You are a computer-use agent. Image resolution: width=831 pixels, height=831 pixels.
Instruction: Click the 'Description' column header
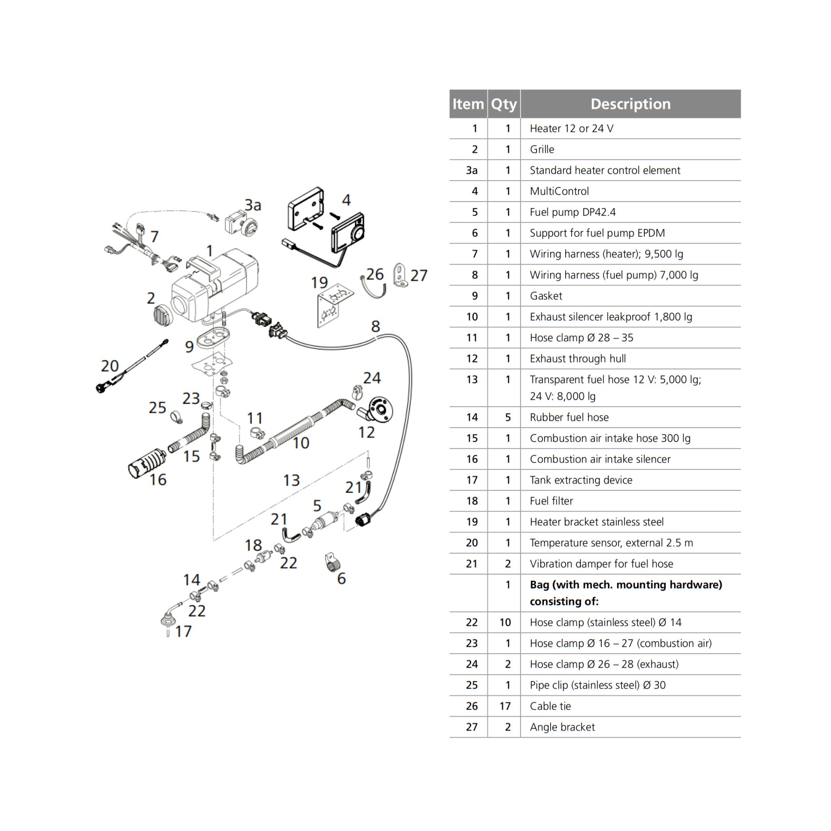630,104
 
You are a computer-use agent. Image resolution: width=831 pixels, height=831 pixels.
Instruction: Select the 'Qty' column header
504,104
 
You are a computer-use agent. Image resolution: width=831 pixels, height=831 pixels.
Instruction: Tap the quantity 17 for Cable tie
505,706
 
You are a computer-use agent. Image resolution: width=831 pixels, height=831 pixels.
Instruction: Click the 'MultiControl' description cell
559,191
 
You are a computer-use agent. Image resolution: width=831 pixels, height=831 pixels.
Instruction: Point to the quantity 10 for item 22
505,622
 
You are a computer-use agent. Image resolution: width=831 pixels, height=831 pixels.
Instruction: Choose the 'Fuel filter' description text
551,501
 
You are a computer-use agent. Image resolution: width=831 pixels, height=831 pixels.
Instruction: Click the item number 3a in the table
471,170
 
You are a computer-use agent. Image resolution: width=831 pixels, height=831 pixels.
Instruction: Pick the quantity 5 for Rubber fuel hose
508,417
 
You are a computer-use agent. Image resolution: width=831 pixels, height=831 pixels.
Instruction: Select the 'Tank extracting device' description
581,480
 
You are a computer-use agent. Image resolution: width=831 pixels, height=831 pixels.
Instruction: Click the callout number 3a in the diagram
253,205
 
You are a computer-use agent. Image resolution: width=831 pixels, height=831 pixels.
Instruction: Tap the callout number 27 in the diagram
418,275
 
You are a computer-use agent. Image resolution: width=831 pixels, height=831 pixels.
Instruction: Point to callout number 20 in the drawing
110,366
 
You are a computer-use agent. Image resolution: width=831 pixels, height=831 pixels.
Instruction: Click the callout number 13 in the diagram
291,480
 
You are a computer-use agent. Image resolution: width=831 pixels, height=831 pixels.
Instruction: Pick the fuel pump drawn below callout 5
322,522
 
